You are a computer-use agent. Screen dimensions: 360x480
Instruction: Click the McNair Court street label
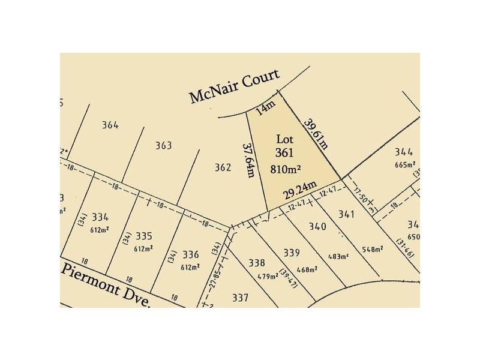point(234,86)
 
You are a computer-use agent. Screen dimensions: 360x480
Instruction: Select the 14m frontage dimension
point(264,109)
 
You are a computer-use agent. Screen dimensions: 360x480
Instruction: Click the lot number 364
point(110,125)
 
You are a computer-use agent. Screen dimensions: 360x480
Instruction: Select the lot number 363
point(163,146)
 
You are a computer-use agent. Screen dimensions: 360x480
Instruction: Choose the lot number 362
point(223,168)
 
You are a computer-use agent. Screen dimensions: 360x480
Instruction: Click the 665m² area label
point(405,165)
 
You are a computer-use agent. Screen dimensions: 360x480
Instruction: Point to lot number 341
point(347,214)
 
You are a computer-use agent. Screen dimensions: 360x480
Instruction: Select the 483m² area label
point(338,256)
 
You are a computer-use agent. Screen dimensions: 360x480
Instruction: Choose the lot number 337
point(240,297)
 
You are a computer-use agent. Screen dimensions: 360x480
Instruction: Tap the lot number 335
point(144,236)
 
